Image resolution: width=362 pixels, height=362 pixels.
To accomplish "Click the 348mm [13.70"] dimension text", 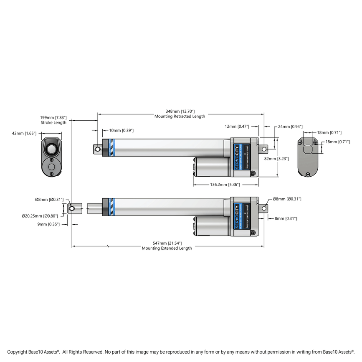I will pos(180,111).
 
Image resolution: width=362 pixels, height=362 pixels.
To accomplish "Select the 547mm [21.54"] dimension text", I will pos(167,243).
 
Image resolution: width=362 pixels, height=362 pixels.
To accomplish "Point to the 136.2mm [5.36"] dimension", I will pos(225,184).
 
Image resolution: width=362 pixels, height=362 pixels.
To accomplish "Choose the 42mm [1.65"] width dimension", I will pos(24,133).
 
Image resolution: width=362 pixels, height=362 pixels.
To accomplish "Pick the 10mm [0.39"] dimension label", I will pos(121,131).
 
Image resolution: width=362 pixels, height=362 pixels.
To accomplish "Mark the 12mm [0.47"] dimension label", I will pos(237,126).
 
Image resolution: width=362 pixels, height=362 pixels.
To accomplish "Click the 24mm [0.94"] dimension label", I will pos(290,126).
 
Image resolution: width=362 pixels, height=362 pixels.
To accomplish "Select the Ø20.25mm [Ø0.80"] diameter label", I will pos(40,216).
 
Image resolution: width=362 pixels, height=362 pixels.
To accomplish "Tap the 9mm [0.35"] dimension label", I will pos(48,224).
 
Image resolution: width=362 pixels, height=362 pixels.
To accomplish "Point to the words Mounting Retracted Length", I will pos(180,116).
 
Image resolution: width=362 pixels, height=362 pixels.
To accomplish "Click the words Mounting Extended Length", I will pos(167,248).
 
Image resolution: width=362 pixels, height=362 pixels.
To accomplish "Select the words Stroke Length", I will pos(53,123).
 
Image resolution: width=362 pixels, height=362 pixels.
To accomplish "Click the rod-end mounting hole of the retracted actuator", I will pos(97,149).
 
